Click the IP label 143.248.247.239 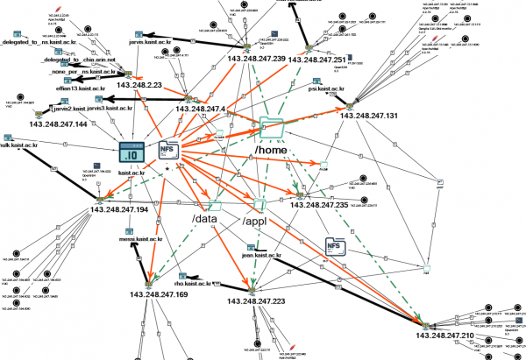(x=256, y=59)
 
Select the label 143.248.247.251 (x=325, y=59)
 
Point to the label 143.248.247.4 (x=200, y=109)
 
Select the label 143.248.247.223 (x=256, y=300)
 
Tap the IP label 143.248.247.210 (x=445, y=336)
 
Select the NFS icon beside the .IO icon (x=167, y=152)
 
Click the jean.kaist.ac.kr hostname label (x=260, y=255)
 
